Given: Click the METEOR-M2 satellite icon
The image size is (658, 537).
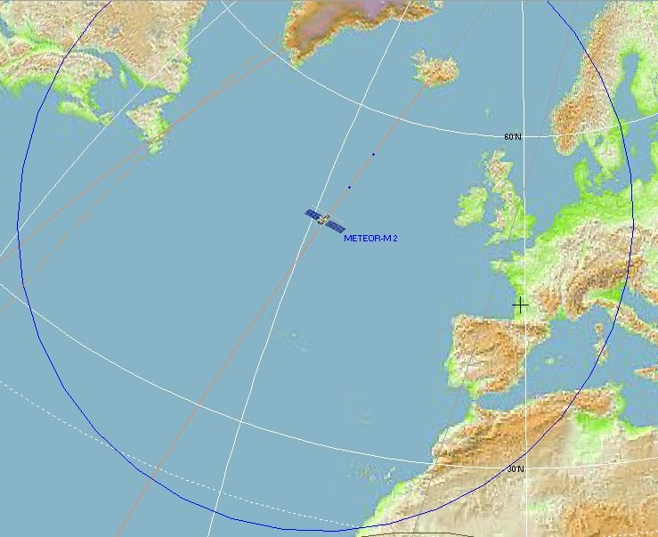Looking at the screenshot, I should click(x=325, y=219).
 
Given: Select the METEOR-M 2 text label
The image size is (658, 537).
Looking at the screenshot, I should click(x=370, y=239).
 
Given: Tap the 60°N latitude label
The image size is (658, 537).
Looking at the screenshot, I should click(x=513, y=136).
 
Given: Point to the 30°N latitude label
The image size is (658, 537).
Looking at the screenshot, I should click(x=516, y=468).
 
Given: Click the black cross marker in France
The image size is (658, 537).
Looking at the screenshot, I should click(x=520, y=305).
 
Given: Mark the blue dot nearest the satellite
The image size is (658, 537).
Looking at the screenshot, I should click(x=349, y=187).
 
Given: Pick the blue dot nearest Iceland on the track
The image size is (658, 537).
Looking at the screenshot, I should click(x=373, y=154).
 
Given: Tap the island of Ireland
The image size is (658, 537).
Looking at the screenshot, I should click(x=472, y=207).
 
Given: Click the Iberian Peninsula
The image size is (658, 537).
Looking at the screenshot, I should click(x=485, y=352).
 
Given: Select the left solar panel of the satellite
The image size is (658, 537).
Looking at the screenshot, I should click(x=313, y=214).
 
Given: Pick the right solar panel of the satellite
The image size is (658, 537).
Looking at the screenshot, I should click(x=337, y=226).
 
